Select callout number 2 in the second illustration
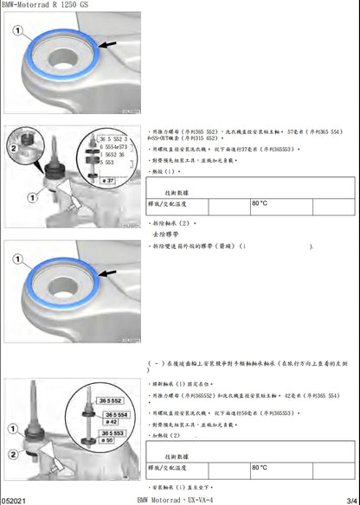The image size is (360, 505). [13, 148]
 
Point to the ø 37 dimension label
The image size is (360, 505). [109, 180]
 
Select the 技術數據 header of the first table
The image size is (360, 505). [178, 193]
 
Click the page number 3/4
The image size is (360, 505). [349, 499]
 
